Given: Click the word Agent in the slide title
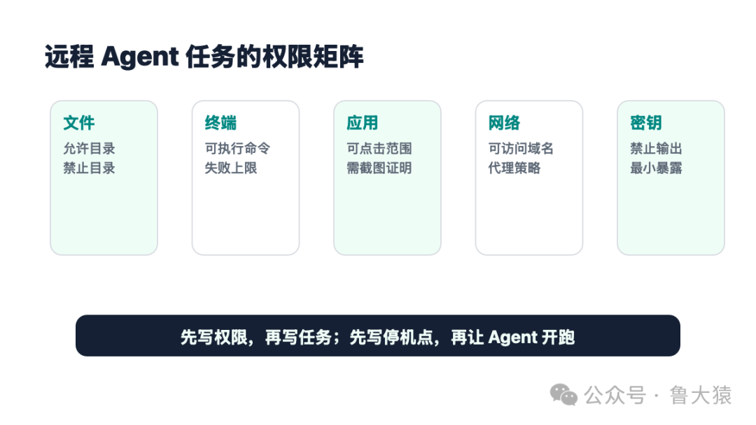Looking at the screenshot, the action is pos(140,57).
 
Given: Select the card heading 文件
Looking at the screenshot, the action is pos(79,123).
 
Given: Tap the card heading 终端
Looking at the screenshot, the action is pos(220,123).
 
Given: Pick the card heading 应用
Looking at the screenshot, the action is pos(363,123).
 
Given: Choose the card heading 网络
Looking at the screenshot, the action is pos(504,123).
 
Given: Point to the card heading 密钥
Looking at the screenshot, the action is pos(646,123).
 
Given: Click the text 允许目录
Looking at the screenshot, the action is pos(89,148).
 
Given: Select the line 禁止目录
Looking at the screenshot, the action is pos(89,168).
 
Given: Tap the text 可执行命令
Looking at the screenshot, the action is pos(237,148).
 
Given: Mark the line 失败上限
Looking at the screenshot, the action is pos(231,168).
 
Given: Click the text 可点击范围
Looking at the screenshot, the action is pos(379,148).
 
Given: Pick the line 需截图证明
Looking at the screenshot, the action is pos(379,168).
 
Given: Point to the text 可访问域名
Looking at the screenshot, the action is pos(521,148).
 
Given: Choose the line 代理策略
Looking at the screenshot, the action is pos(514,168).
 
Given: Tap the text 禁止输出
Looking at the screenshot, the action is pos(656,148).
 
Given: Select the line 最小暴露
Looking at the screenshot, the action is pos(656,168).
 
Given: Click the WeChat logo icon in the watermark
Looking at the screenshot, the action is pos(563,395).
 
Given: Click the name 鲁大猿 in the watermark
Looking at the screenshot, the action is pos(701,396).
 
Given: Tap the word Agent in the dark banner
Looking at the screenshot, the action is pos(512,338).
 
